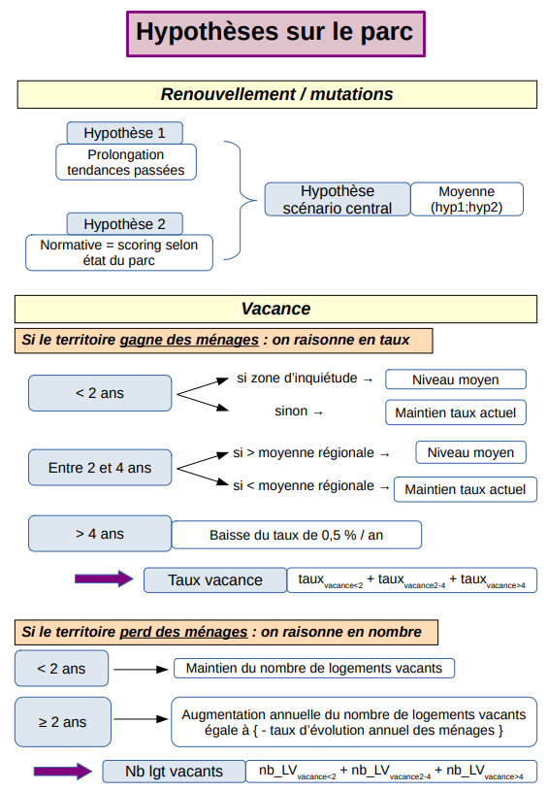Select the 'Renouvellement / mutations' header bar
[x=276, y=94]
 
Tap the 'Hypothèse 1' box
[x=124, y=133]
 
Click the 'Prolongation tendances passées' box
[x=126, y=162]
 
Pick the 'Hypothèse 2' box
[x=124, y=224]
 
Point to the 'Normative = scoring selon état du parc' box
[x=119, y=252]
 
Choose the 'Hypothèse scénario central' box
[x=338, y=199]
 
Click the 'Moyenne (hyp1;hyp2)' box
[x=467, y=199]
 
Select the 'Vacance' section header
[x=275, y=309]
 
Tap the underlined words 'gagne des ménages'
[x=189, y=340]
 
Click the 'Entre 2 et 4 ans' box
[x=100, y=468]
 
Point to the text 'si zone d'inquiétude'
[x=297, y=378]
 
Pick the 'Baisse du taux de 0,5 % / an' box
[x=297, y=535]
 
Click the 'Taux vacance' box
[x=215, y=580]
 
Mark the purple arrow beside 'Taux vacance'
[x=104, y=578]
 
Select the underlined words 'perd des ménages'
[x=183, y=632]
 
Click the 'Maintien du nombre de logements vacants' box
[x=314, y=669]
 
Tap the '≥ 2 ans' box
[x=62, y=722]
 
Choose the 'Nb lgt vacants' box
[x=174, y=772]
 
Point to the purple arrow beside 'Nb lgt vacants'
[x=62, y=771]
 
